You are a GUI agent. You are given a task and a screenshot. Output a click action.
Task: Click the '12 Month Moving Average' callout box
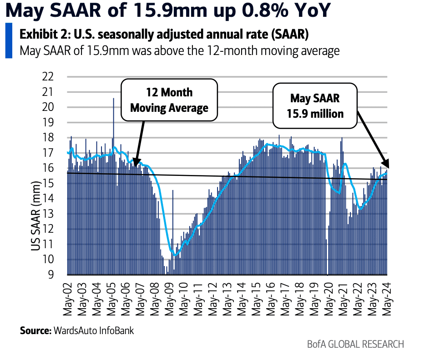[x=169, y=100]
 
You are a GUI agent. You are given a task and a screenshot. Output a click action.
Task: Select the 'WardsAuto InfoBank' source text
[x=94, y=330]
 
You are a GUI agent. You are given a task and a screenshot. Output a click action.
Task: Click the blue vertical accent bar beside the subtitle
[x=9, y=41]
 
